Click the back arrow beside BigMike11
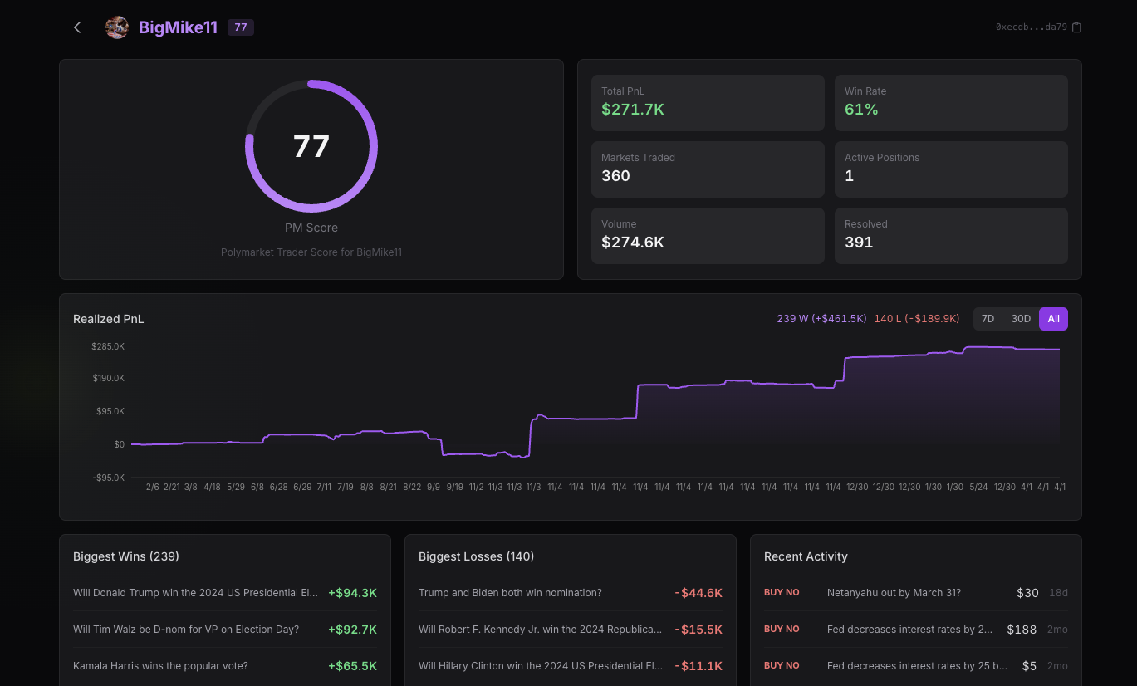tap(77, 27)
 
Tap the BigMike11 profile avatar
tap(117, 27)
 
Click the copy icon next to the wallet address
tap(1077, 27)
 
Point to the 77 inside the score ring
tap(311, 146)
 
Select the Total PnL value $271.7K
tap(632, 110)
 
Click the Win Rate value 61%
tap(861, 110)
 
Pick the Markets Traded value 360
tap(615, 176)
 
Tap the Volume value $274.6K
tap(632, 243)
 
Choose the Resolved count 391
tap(859, 243)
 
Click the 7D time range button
tap(988, 319)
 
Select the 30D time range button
tap(1021, 319)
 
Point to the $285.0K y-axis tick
tap(108, 346)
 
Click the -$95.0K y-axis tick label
tap(108, 478)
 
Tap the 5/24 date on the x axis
tap(979, 487)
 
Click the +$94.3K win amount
tap(352, 593)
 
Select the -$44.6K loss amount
tap(698, 593)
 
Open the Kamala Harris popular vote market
tap(160, 666)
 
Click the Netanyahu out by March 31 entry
tap(894, 593)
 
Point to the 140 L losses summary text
tap(916, 319)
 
